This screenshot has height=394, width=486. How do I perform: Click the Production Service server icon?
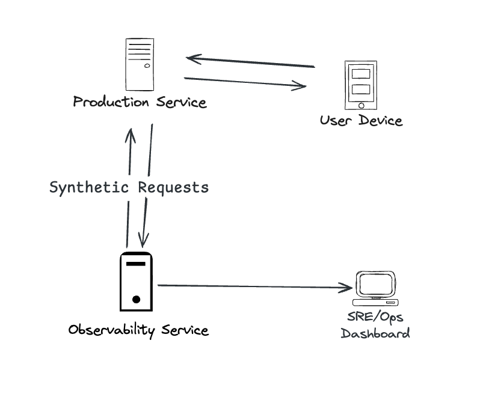coord(138,64)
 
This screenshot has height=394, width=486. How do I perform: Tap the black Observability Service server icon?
coord(136,281)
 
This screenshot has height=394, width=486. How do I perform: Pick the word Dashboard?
coord(375,333)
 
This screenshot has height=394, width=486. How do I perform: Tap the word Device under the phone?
coord(380,120)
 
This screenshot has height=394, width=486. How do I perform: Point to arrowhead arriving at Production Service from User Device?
coord(191,58)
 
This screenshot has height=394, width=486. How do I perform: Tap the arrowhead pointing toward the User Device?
coord(302,86)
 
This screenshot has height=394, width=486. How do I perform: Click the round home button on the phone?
coord(361,106)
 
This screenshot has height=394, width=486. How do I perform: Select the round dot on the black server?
coord(137,299)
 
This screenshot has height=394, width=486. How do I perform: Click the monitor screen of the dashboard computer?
coord(376,282)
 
